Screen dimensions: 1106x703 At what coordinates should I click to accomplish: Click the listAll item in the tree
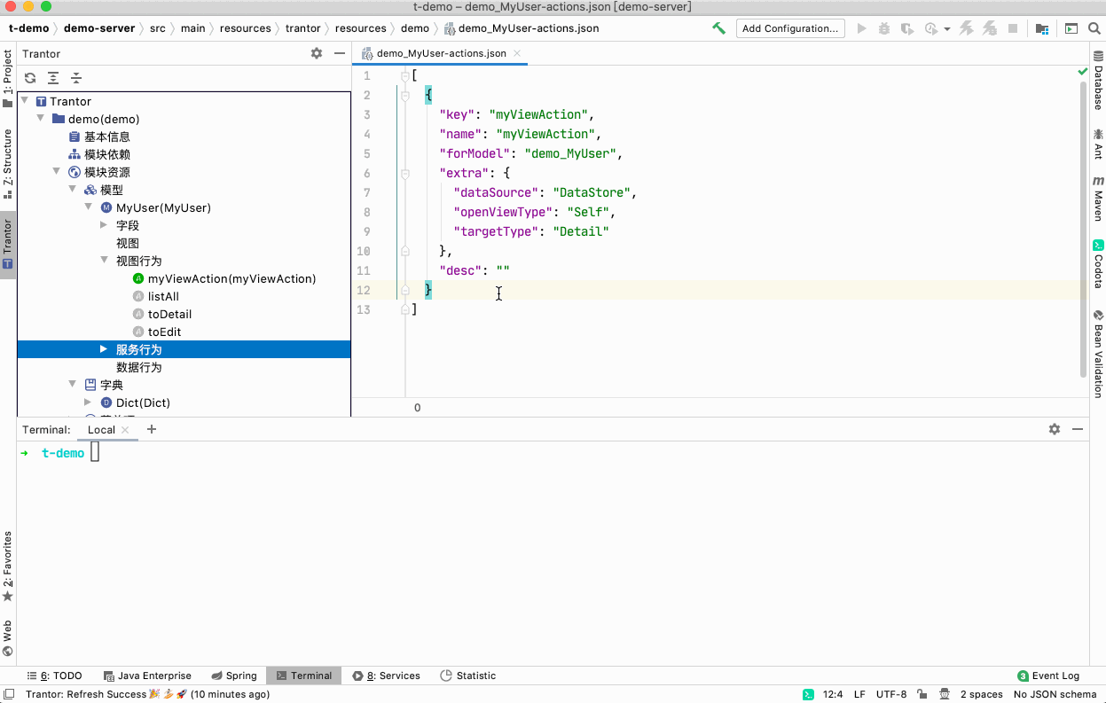tap(163, 296)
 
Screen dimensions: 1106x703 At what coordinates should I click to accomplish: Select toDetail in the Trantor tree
tap(169, 314)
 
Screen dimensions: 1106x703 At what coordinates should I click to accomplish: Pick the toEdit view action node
tap(164, 332)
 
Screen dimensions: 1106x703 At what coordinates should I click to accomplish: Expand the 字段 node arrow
tap(104, 225)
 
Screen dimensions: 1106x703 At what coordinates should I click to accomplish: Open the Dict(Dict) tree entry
tap(143, 402)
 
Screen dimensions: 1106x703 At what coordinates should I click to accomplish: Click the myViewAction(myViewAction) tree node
tap(231, 278)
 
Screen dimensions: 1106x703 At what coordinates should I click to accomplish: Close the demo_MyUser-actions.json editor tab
tap(517, 53)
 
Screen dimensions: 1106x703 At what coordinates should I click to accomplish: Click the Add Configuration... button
tap(790, 28)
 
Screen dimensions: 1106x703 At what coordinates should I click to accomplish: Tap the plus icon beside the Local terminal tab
tap(152, 429)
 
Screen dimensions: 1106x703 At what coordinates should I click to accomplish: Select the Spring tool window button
tap(234, 676)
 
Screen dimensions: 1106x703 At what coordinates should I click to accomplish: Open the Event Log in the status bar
tap(1048, 676)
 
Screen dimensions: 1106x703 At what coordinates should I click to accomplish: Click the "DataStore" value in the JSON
tap(592, 192)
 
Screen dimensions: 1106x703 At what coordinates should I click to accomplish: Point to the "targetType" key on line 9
tap(495, 231)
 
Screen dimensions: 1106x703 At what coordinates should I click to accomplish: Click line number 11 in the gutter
tap(364, 270)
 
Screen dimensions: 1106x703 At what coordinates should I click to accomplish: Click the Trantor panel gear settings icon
tap(317, 53)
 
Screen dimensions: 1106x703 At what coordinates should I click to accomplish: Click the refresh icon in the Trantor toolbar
tap(30, 77)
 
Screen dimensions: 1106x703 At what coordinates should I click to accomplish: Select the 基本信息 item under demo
tap(106, 137)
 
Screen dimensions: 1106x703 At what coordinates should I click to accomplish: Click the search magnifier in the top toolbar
tap(1094, 28)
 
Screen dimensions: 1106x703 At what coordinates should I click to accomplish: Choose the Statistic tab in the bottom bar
tap(468, 676)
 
